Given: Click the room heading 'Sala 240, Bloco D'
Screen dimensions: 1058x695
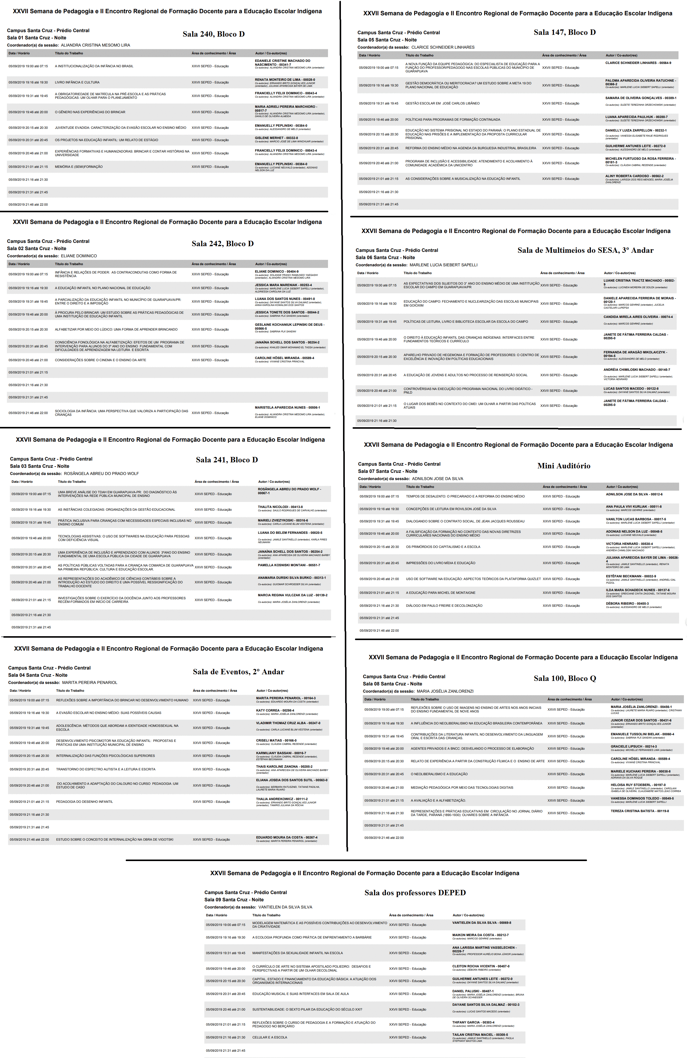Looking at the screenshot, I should tap(213, 34).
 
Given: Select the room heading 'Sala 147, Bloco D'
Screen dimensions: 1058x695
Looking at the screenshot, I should tap(564, 32).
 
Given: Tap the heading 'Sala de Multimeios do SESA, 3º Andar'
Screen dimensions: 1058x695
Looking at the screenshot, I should tap(585, 250).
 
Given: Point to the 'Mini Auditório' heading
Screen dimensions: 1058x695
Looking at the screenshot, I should tap(564, 466).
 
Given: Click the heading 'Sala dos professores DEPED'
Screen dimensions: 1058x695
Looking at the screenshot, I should tap(415, 893).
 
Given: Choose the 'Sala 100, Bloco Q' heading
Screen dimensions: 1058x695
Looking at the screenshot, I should tap(564, 679).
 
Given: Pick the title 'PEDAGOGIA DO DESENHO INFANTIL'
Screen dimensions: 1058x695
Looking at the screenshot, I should tap(84, 802).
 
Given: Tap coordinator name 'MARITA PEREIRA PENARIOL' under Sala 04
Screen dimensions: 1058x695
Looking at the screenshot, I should tap(89, 682).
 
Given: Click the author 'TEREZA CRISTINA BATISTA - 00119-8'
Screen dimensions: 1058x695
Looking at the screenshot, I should tap(639, 811).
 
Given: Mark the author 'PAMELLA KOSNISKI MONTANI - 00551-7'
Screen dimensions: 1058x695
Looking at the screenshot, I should tap(289, 565).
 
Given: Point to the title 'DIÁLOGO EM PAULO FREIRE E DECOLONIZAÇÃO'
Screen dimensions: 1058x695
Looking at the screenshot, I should tap(444, 606).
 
